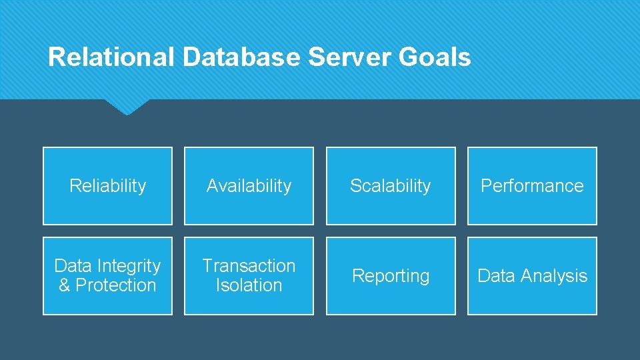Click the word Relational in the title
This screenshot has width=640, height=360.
click(111, 57)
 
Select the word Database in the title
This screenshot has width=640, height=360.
click(241, 57)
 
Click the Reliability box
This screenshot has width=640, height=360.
click(107, 186)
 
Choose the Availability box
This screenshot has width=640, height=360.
click(249, 186)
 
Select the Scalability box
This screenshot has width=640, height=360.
click(391, 186)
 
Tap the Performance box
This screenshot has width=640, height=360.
click(532, 186)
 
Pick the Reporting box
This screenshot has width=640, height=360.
click(391, 275)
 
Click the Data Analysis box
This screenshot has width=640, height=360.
click(532, 275)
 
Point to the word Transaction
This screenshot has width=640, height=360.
click(249, 266)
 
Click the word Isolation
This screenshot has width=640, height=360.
click(249, 285)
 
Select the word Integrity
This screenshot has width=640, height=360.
click(127, 266)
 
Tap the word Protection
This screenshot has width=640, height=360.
click(115, 285)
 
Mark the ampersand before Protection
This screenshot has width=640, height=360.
click(65, 285)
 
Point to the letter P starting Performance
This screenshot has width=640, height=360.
click(486, 186)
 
